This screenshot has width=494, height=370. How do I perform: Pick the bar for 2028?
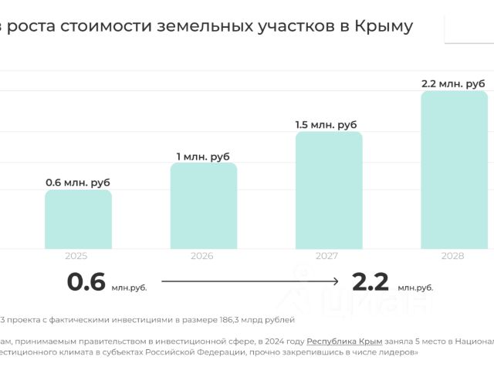click(x=453, y=170)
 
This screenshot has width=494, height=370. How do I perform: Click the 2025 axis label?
click(x=76, y=256)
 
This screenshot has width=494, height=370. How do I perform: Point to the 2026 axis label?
click(x=202, y=256)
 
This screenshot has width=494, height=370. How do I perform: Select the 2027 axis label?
click(x=328, y=256)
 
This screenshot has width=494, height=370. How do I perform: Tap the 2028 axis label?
click(x=453, y=256)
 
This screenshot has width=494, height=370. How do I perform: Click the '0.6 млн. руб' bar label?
click(x=78, y=183)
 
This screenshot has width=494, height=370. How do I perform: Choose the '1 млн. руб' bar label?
click(x=203, y=156)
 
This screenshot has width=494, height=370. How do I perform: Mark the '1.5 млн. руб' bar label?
click(x=327, y=125)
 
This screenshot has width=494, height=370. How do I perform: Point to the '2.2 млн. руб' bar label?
click(x=453, y=83)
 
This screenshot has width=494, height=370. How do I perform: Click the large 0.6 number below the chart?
click(x=86, y=282)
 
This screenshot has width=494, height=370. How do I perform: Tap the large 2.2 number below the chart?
click(x=370, y=282)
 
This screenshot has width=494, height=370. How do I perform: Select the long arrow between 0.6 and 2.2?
click(x=250, y=282)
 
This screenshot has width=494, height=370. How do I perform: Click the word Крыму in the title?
click(x=384, y=26)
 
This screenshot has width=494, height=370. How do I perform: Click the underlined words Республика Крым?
click(x=340, y=340)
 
